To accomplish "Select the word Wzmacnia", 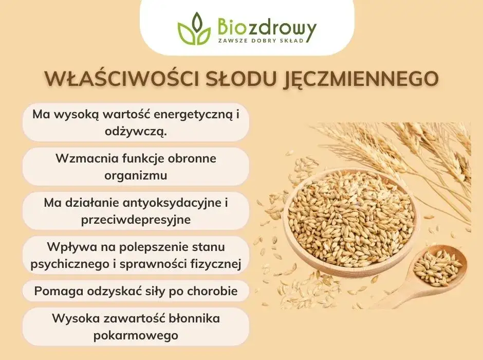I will click(81, 158).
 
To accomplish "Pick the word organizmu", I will click(136, 175).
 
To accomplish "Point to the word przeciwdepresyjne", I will click(136, 219).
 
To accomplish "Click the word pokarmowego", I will click(136, 335).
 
